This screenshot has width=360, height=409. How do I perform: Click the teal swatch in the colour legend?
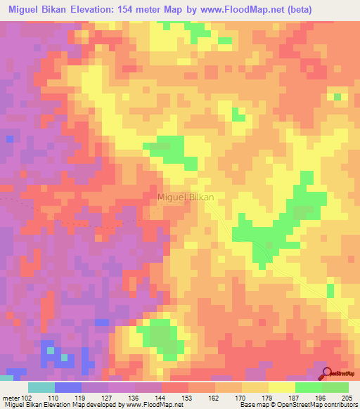pos(41,387)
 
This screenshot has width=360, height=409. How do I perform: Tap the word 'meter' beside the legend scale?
pos(11,397)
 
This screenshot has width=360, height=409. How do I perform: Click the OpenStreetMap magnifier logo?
pos(328,374)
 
